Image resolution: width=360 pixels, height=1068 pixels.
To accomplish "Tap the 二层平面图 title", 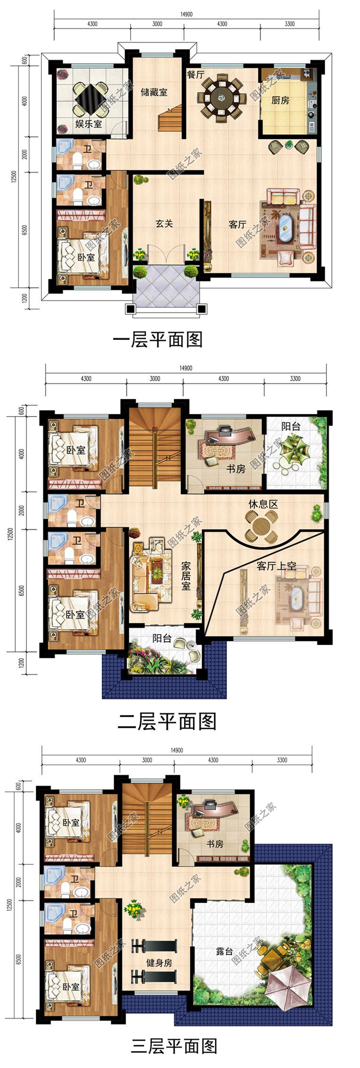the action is click(167, 722).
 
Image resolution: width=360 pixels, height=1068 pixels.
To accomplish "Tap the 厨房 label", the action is click(280, 100).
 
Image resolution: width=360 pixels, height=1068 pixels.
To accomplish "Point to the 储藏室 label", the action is click(154, 92).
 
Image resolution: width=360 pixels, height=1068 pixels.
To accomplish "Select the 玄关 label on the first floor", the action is click(164, 224).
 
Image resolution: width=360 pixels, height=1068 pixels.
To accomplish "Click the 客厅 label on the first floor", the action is click(237, 224).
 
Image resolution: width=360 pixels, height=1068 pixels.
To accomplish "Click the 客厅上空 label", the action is click(276, 565).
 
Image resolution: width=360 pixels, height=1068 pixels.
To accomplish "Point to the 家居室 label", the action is click(186, 576).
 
